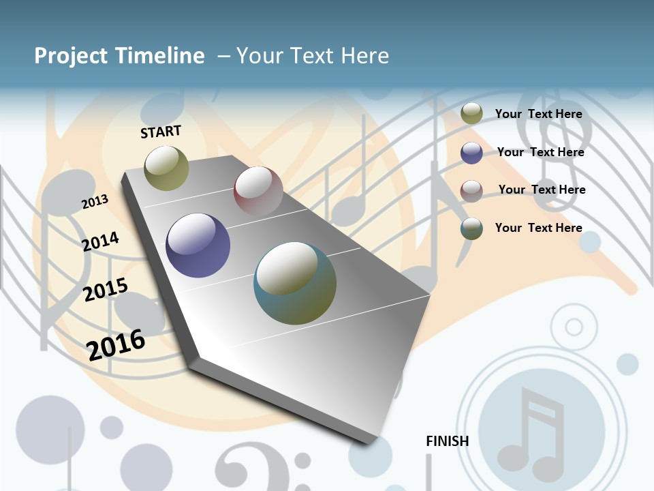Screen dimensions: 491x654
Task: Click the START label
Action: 161,132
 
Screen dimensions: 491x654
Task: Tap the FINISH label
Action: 447,441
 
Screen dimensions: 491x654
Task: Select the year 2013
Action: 95,202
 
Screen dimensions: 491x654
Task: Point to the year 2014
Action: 100,241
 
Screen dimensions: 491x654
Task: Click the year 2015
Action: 105,290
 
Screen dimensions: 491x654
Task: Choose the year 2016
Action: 116,345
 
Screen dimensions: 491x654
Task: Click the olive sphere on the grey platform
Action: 166,168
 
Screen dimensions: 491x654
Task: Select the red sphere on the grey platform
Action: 258,191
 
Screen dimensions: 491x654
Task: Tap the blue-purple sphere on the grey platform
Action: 198,245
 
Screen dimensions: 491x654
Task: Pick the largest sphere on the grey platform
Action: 295,283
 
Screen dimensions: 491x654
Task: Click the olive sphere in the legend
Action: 471,114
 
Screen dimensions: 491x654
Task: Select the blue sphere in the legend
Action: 471,153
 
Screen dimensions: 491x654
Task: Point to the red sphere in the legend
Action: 471,191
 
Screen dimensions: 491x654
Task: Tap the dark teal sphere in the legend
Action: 471,228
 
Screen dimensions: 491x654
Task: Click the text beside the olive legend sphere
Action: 538,114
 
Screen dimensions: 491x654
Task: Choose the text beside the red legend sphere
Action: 542,190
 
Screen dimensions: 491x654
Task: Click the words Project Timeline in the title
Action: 119,56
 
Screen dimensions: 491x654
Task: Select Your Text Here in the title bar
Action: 313,56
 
